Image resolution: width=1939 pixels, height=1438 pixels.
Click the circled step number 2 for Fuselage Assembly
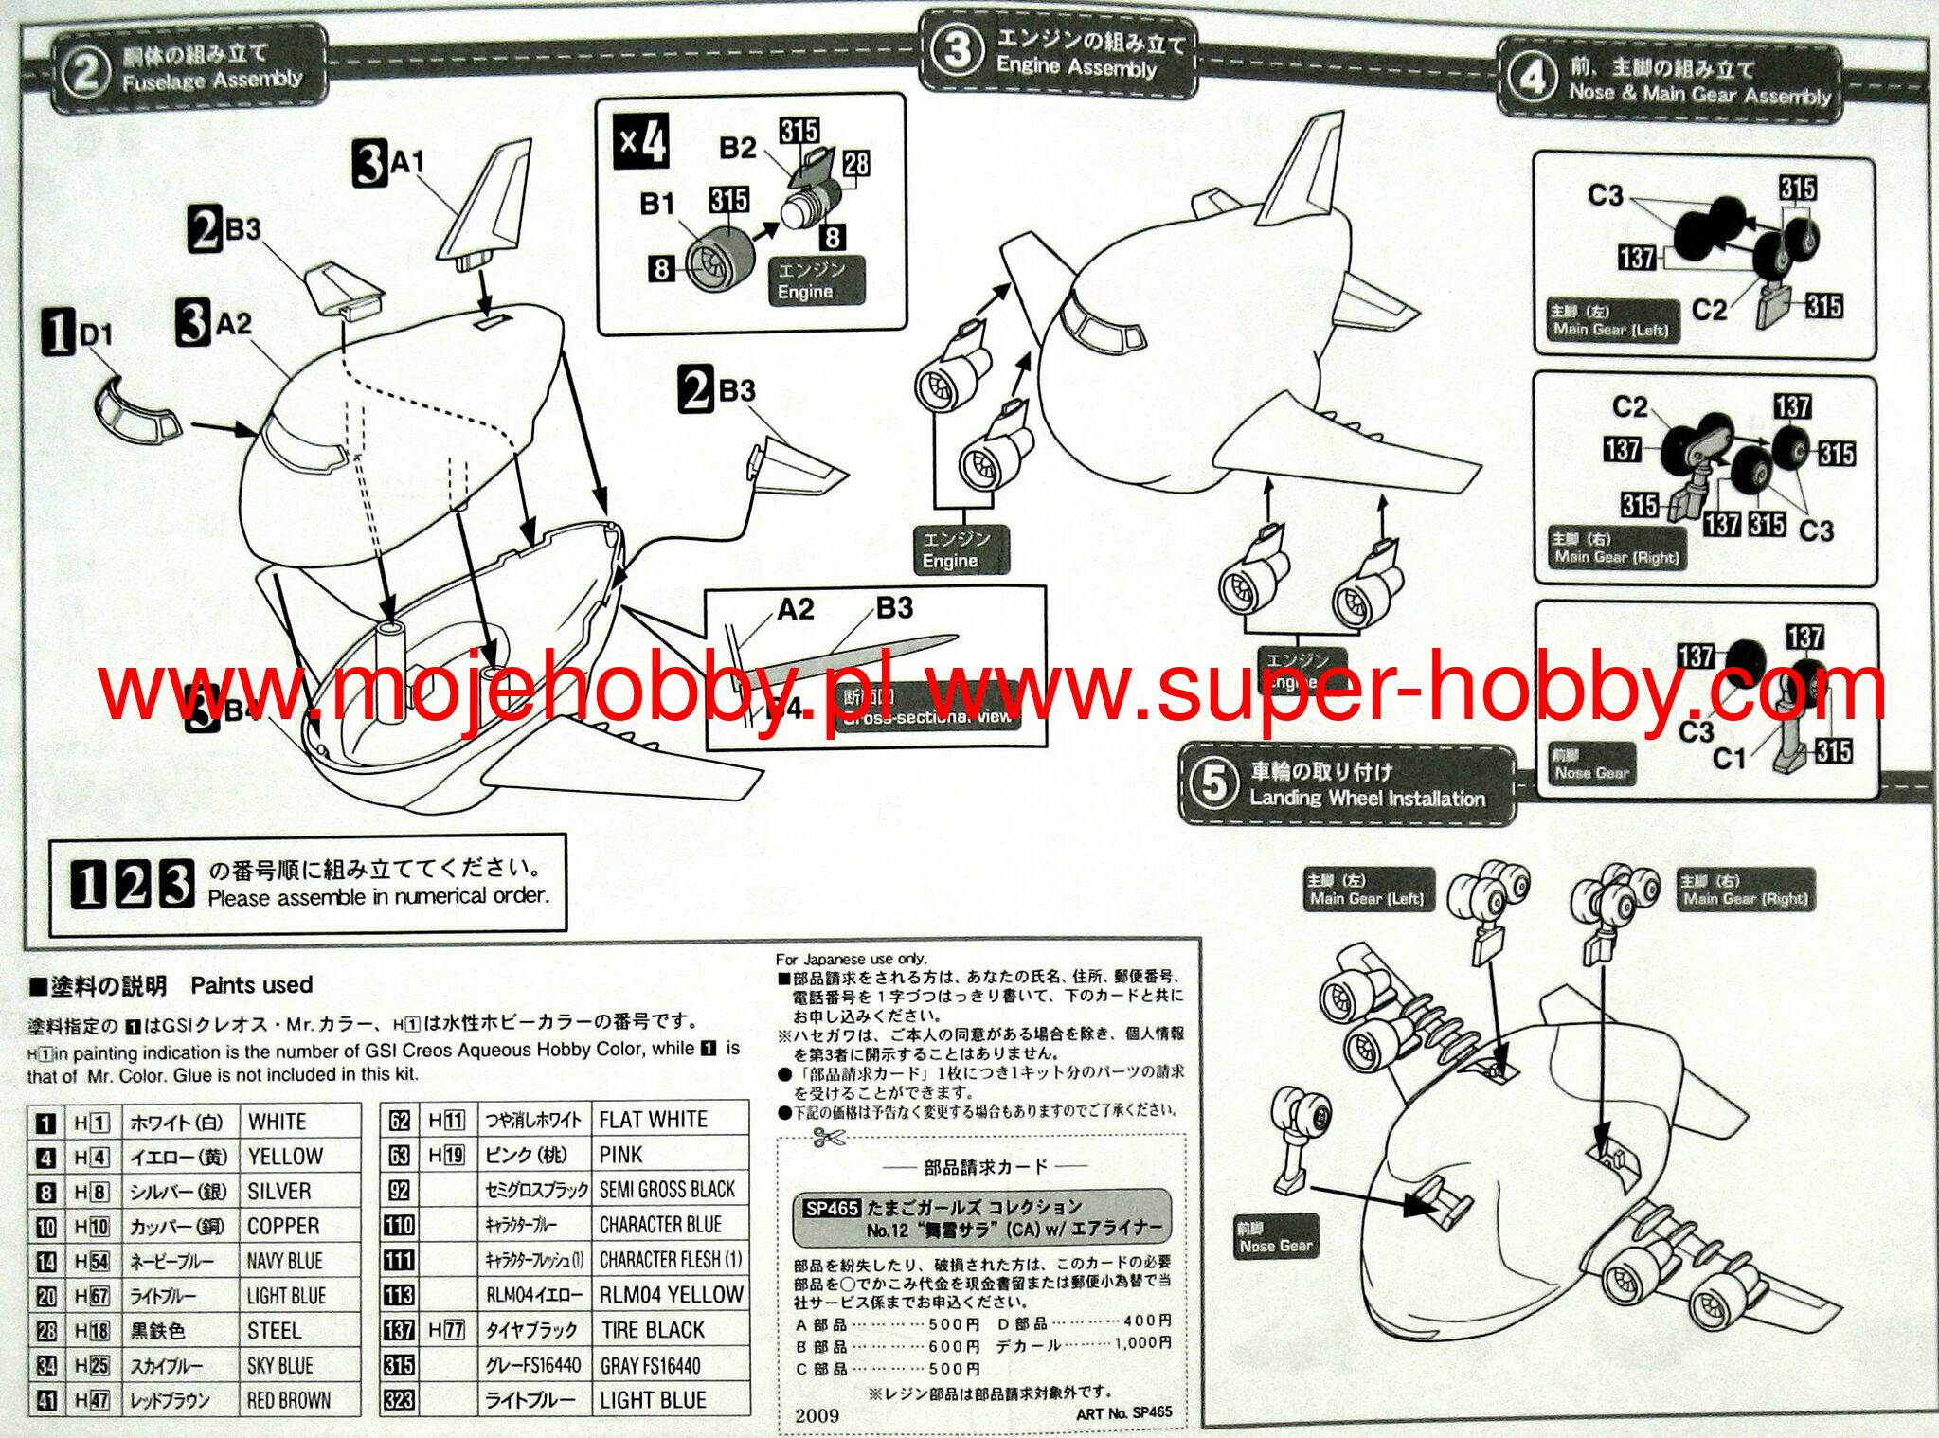(84, 73)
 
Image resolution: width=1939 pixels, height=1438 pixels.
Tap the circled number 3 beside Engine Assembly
(957, 50)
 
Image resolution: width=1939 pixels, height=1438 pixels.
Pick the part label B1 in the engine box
(657, 204)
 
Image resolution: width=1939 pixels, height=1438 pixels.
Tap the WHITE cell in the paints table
(277, 1122)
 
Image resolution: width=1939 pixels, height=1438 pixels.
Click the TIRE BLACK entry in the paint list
(653, 1330)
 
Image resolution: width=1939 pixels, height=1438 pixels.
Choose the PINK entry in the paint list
(620, 1155)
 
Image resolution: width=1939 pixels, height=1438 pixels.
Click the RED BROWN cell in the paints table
(289, 1400)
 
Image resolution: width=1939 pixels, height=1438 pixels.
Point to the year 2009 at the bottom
(817, 1415)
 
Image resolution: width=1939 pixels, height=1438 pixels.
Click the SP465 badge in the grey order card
(832, 1208)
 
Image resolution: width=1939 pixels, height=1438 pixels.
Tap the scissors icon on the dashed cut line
(828, 1139)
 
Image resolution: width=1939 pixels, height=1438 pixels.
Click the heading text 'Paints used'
(251, 985)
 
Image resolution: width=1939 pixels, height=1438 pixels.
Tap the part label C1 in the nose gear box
(1729, 758)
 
